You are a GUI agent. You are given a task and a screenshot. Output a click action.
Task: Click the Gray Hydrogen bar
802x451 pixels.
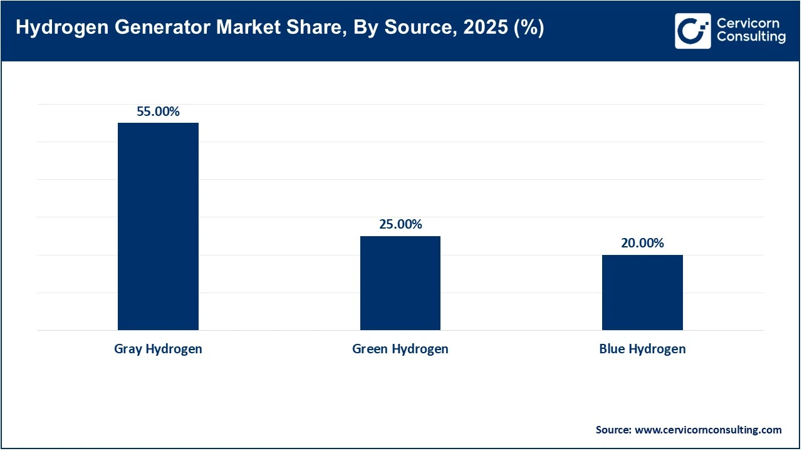tap(158, 226)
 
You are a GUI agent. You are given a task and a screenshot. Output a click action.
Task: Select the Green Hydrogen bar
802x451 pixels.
tap(400, 283)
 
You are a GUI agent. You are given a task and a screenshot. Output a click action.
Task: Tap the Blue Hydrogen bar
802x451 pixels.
tap(642, 293)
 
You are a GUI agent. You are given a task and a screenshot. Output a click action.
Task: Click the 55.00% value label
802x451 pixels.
tap(158, 112)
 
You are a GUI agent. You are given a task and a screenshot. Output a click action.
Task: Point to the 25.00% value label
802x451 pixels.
tap(400, 225)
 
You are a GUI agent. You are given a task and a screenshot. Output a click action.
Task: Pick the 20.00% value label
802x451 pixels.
tap(642, 244)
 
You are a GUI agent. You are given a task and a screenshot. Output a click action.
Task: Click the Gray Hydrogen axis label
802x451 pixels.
tap(158, 349)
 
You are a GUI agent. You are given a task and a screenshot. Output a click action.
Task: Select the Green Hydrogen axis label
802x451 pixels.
tap(400, 349)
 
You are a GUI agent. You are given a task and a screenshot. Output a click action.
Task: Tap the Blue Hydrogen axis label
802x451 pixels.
tap(642, 349)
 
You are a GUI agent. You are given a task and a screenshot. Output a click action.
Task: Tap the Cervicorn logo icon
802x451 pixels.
tap(692, 31)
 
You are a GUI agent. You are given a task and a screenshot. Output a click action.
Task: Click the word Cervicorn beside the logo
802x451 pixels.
tap(747, 24)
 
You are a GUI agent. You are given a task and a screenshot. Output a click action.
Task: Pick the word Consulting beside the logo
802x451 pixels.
tap(751, 38)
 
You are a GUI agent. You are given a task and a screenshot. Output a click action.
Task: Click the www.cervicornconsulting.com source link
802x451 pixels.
tap(708, 430)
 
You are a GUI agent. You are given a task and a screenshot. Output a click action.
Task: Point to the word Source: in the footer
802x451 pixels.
tap(613, 430)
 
